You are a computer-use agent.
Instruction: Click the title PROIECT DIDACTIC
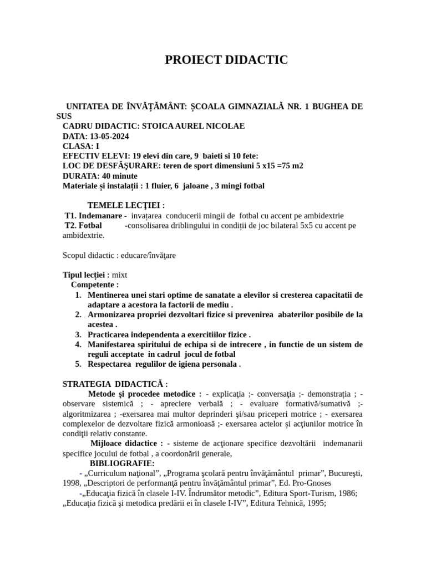pyautogui.click(x=226, y=60)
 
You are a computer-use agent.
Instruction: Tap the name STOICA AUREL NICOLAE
pyautogui.click(x=194, y=126)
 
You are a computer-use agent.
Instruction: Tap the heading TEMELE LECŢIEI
pyautogui.click(x=126, y=206)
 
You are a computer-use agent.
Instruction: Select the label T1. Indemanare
pyautogui.click(x=93, y=216)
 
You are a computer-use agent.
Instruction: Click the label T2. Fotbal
pyautogui.click(x=83, y=226)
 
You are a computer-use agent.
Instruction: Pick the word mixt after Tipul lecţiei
pyautogui.click(x=120, y=275)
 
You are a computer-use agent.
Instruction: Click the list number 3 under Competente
pyautogui.click(x=78, y=335)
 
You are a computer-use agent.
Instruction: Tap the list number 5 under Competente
pyautogui.click(x=78, y=365)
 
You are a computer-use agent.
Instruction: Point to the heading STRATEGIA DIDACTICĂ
pyautogui.click(x=115, y=384)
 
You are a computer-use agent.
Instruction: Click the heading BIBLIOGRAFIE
pyautogui.click(x=122, y=463)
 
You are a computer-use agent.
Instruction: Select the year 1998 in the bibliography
pyautogui.click(x=72, y=483)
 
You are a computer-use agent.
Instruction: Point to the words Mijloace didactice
pyautogui.click(x=126, y=443)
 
